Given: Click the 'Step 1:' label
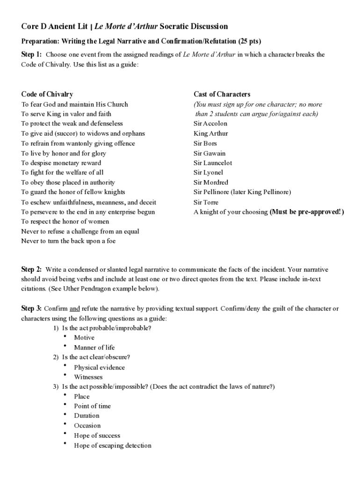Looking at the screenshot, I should point(31,54).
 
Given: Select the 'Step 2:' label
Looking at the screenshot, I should point(31,269).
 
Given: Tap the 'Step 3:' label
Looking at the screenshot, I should point(31,308).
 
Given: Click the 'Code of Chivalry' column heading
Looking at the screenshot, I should point(47,94).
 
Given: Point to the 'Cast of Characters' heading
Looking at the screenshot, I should point(222,94).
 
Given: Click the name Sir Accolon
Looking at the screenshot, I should point(210,123).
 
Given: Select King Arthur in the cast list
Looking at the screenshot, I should point(211,133).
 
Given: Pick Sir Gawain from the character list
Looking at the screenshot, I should point(209,153).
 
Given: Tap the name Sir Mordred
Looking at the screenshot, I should point(211,182).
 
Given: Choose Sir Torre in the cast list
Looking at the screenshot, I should point(206,202).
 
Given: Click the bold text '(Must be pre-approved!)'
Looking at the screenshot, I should point(307,212).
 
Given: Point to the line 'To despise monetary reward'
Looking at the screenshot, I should point(61,163).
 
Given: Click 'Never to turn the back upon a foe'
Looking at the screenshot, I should point(68,241).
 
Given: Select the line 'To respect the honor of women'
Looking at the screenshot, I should point(65,221).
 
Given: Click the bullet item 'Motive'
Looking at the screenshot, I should point(84,337).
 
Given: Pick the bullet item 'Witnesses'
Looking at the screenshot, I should point(88,377).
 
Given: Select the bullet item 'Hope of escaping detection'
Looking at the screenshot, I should point(113,445).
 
